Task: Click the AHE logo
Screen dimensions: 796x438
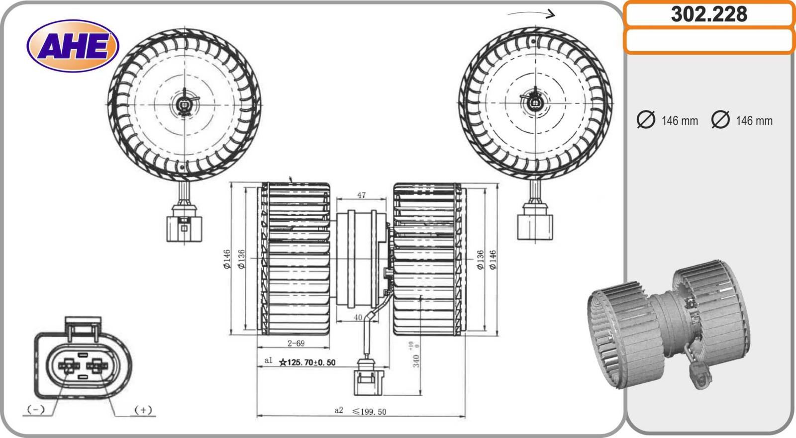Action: pos(73,46)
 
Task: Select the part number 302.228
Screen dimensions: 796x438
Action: pos(709,14)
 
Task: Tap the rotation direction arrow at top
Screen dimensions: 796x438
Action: pos(531,14)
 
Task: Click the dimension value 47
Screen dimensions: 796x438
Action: pos(361,195)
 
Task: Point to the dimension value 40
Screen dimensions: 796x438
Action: pos(358,317)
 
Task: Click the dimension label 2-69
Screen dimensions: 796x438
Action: pos(296,343)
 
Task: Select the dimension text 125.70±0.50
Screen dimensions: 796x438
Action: pos(308,362)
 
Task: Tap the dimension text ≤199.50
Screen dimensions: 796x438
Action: pos(369,411)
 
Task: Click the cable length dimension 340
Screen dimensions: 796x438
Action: pos(416,360)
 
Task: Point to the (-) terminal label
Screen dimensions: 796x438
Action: pos(36,410)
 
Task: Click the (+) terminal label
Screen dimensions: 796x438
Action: pos(143,410)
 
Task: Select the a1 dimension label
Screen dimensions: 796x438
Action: pos(268,360)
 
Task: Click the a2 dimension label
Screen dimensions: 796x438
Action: pos(339,410)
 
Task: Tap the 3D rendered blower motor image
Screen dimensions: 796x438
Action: pos(669,325)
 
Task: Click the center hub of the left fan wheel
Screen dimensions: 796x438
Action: pos(185,105)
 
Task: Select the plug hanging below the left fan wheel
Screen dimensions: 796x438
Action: pos(184,223)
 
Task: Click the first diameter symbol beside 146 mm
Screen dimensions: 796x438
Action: pos(646,120)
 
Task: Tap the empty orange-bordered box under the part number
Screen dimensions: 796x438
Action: pos(709,41)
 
